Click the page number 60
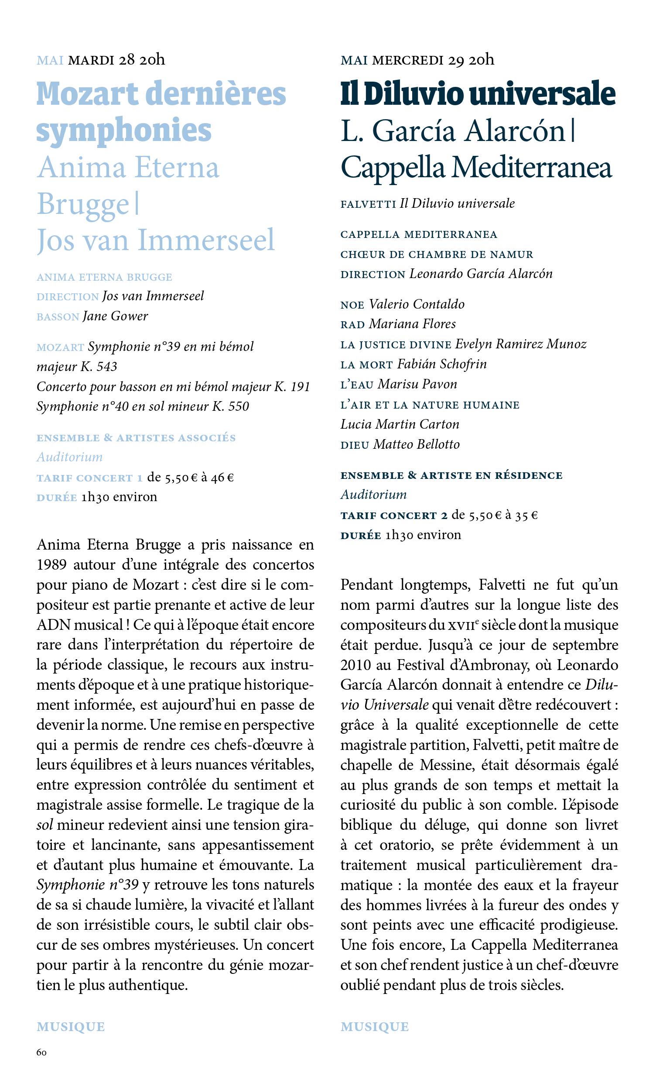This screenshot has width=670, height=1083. tap(41, 1052)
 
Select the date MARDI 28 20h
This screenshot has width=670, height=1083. tap(116, 59)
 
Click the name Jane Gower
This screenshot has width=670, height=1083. tap(115, 316)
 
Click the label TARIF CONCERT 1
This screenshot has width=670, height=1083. tap(89, 478)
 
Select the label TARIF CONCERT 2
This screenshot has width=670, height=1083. tap(394, 516)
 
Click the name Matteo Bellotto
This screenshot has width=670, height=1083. tap(416, 444)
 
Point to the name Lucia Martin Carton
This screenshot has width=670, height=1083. tap(400, 424)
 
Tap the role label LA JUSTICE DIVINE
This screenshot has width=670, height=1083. tap(396, 344)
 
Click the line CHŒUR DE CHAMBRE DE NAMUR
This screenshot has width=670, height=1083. tap(437, 254)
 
